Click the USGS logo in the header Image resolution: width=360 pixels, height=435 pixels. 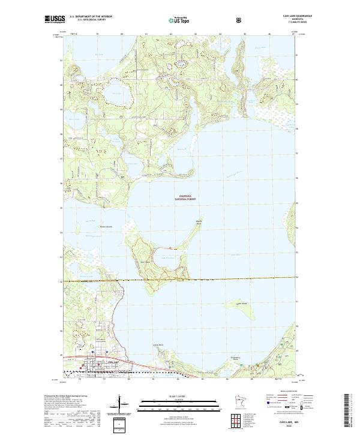coord(53,19)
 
